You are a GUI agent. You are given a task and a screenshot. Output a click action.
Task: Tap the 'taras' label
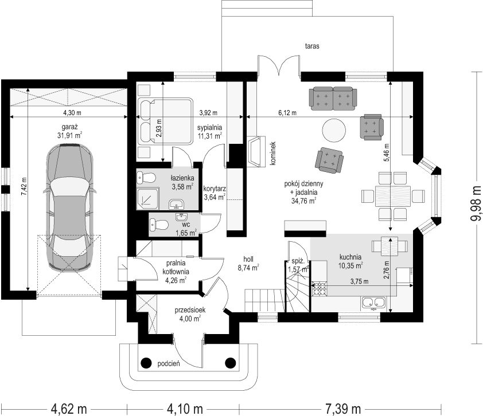pos(312,46)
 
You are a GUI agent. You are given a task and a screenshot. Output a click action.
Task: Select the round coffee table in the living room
pos(334,131)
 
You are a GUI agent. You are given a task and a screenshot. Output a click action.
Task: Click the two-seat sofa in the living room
pos(333,98)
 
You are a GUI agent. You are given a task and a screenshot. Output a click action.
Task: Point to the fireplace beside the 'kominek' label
pos(256,151)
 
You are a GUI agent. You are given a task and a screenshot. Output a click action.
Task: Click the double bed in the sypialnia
pos(165,121)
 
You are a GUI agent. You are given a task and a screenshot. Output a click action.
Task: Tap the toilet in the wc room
pos(159,225)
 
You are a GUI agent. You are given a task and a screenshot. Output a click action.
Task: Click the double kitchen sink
pos(373,303)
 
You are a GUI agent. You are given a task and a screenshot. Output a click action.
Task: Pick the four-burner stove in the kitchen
pos(319,289)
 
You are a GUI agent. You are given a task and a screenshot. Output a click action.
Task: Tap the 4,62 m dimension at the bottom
pos(69,409)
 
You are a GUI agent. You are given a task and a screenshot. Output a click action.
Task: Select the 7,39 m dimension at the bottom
pos(342,409)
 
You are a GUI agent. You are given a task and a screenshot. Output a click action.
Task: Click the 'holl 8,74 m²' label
pos(248,264)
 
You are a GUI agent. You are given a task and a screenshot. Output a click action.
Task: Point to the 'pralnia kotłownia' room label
pos(176,268)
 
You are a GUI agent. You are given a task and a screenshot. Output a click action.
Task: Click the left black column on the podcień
pos(146,363)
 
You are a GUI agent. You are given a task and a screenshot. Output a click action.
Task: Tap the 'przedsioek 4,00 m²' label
pos(190,314)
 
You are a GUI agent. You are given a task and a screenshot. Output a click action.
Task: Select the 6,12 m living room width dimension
pos(287,113)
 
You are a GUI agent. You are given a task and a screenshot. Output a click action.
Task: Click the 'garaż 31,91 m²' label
pos(69,131)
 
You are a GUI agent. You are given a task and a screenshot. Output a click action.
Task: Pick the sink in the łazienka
pos(176,203)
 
